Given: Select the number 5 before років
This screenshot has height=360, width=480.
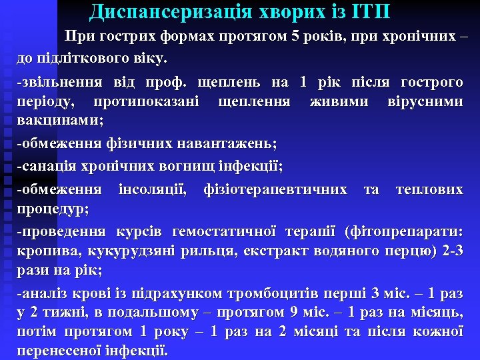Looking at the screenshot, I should pos(295,36).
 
